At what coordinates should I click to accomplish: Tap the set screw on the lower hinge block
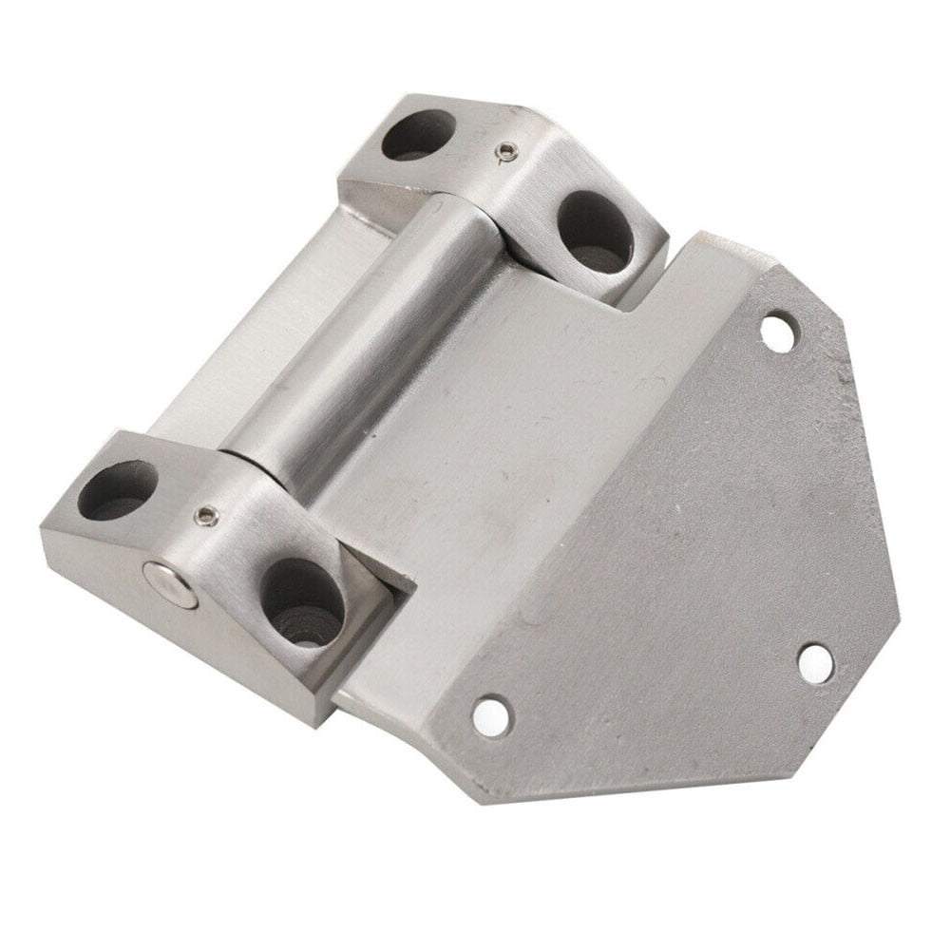click(206, 515)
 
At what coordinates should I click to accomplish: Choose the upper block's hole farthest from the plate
click(418, 135)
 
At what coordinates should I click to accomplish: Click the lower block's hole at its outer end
click(117, 489)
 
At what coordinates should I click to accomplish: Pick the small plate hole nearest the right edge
click(815, 662)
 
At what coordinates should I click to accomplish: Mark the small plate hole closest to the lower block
click(491, 715)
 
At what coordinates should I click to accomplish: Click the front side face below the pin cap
click(190, 646)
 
